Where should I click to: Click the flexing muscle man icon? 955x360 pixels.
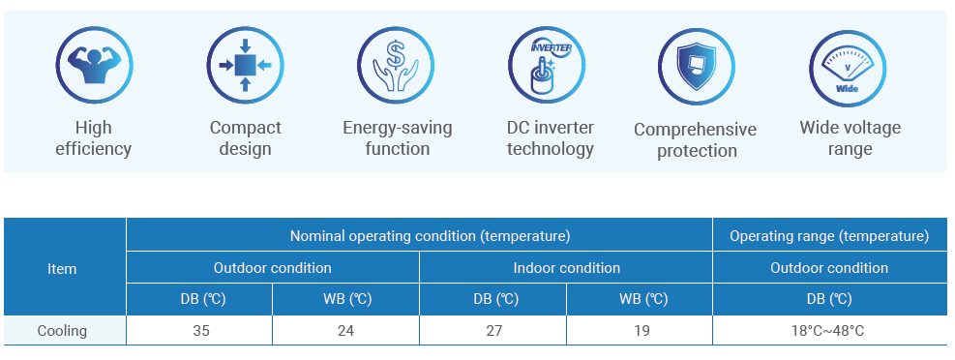(94, 65)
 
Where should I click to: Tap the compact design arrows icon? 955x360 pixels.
(245, 65)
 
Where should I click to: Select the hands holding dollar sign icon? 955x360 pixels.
(396, 65)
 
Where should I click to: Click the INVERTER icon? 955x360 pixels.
(547, 65)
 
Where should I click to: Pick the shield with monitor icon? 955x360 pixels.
(697, 67)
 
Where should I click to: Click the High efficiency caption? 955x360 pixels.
(94, 138)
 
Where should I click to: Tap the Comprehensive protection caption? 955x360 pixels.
(696, 140)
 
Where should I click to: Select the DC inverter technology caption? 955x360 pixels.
(551, 138)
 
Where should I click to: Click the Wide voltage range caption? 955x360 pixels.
(851, 138)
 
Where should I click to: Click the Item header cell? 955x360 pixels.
(62, 269)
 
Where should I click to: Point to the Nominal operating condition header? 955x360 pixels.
(430, 236)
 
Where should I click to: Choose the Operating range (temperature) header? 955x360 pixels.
(829, 236)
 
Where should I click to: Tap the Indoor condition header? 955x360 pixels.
(566, 267)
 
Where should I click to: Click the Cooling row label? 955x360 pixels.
(62, 331)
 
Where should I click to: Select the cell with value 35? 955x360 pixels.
(199, 331)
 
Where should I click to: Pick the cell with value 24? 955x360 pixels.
(346, 331)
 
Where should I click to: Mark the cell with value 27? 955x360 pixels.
(493, 331)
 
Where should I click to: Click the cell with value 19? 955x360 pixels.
(641, 331)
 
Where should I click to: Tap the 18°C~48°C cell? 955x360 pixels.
(829, 331)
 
